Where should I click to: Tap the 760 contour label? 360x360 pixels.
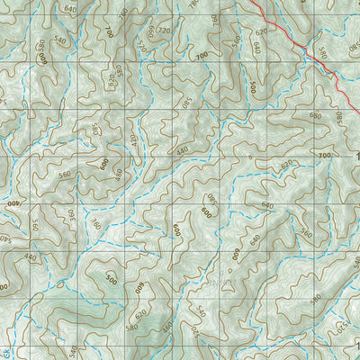(214, 20)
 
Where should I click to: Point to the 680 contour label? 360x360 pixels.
(314, 114)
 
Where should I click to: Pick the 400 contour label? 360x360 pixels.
(14, 202)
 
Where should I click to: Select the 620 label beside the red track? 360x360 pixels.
(261, 31)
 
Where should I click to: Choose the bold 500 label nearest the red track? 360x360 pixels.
(254, 87)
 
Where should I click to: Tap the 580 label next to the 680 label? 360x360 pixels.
(339, 117)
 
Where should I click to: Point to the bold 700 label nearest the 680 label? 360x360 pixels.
(324, 157)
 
